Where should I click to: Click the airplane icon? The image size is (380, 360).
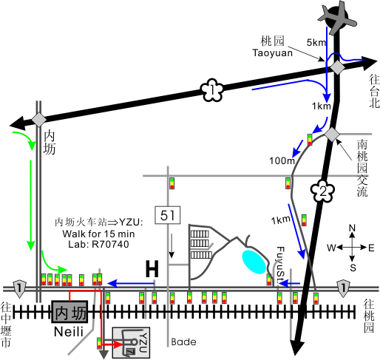pos(337,18)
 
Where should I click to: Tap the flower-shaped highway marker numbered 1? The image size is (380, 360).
pos(212,90)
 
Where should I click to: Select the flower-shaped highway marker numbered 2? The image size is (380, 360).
pos(322,191)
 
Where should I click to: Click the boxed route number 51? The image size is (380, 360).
pos(168,215)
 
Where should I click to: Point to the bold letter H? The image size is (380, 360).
pos(152,268)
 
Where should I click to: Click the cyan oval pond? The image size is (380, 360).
pos(254,262)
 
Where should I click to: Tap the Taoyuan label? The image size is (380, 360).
pos(273,53)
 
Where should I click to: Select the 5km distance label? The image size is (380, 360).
pos(316,43)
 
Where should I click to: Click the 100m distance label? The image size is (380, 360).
pos(282,160)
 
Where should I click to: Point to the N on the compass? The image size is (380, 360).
pos(352,228)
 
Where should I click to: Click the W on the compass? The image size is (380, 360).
pos(331,248)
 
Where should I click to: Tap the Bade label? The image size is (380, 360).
pos(184,342)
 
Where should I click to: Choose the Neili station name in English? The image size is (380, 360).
pos(69,332)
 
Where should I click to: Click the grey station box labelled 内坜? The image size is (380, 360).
pos(69,312)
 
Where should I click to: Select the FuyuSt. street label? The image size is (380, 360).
pos(280,265)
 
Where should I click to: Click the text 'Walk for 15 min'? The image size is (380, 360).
pos(98,234)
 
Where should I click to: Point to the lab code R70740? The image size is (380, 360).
pos(110,244)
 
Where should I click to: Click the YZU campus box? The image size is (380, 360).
pos(131,342)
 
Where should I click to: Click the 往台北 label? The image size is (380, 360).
pos(374,92)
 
